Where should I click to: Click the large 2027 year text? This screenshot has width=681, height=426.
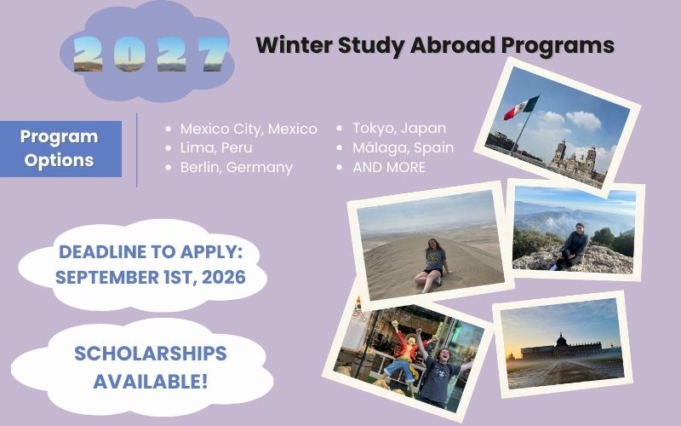(152, 54)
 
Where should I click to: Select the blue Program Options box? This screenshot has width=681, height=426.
(60, 148)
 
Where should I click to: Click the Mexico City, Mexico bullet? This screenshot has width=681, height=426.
(248, 129)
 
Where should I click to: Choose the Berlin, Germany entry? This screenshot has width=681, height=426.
(236, 167)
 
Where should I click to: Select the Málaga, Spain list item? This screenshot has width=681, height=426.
(403, 148)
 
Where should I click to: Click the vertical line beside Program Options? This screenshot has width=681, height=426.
(137, 149)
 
